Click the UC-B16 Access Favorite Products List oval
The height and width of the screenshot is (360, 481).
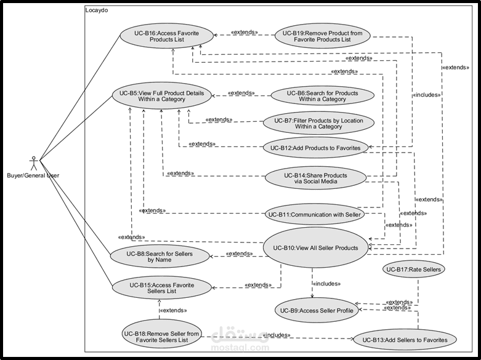[x=162, y=36]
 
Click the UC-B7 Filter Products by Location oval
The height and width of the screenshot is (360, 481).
[x=313, y=122]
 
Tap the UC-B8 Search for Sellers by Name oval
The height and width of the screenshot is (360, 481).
[x=158, y=256]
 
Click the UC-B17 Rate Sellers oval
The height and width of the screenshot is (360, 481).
[x=413, y=269]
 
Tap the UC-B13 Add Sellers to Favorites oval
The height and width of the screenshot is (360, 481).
[x=405, y=339]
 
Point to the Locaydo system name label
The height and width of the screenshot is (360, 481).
[x=99, y=11]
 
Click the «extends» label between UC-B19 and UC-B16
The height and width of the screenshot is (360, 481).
[x=244, y=32]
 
